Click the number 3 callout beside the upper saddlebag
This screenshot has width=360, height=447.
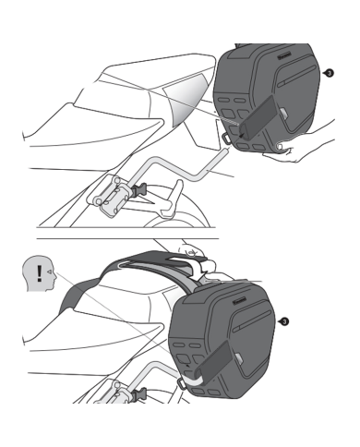pyautogui.click(x=330, y=73)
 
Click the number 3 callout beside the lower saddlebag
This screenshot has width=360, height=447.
pyautogui.click(x=284, y=322)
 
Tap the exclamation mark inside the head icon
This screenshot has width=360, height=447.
pyautogui.click(x=39, y=273)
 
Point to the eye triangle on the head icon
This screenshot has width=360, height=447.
pyautogui.click(x=49, y=272)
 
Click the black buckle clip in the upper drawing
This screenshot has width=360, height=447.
pyautogui.click(x=140, y=190)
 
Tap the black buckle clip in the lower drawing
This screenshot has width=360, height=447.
pyautogui.click(x=139, y=394)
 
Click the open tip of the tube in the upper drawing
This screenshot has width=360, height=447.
pyautogui.click(x=227, y=150)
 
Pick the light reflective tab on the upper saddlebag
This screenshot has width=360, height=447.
pyautogui.click(x=283, y=113)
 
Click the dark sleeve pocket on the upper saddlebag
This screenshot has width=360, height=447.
pyautogui.click(x=258, y=116)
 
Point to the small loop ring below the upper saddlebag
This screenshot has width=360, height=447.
pyautogui.click(x=226, y=138)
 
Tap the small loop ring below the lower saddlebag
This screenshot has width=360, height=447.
pyautogui.click(x=182, y=383)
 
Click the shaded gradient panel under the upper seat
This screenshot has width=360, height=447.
pyautogui.click(x=186, y=100)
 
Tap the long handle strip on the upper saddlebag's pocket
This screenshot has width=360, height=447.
pyautogui.click(x=296, y=75)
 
